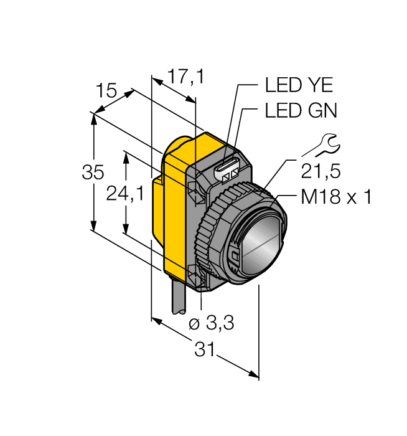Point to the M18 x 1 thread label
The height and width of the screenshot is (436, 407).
(x=336, y=197)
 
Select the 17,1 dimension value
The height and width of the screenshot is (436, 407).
(x=186, y=77)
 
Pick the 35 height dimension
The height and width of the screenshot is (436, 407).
(x=93, y=173)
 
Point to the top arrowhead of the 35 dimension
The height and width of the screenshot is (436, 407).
(x=93, y=117)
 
